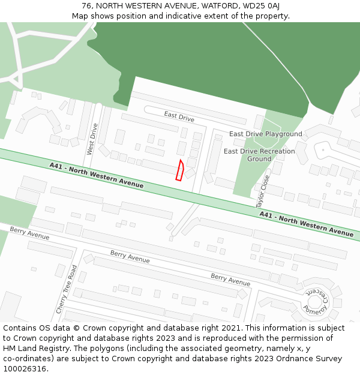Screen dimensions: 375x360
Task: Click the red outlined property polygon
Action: tap(179, 170)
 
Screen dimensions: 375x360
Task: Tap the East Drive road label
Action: tap(179, 116)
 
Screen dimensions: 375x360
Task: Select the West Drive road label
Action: tap(92, 139)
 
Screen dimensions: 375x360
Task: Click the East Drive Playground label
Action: tap(266, 134)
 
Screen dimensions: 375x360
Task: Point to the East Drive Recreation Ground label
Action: tap(259, 155)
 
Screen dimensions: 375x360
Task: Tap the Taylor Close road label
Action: tap(263, 188)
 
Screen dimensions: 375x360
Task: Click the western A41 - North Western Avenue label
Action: tap(97, 176)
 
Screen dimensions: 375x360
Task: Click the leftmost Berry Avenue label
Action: tap(29, 233)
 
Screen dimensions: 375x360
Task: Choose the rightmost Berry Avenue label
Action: tap(230, 280)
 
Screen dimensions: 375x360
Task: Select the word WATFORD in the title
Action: tap(218, 6)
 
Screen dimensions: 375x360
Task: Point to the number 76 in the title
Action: tap(87, 6)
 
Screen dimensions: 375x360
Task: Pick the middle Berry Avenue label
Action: tap(130, 257)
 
